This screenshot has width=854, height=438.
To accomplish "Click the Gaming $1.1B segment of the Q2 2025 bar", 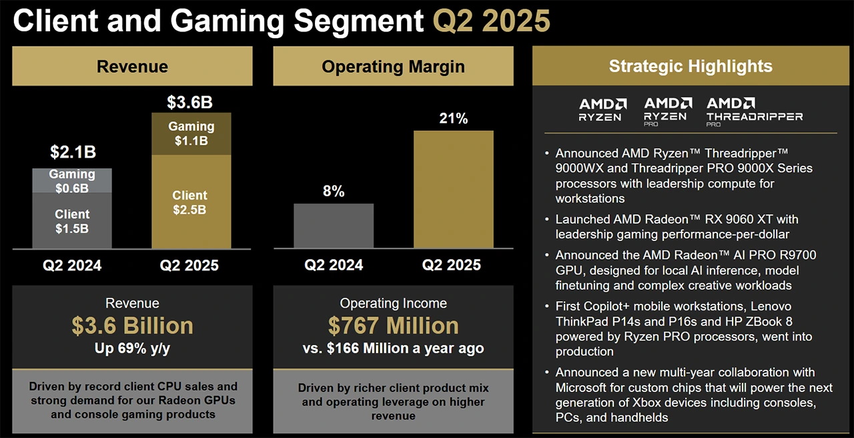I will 191,134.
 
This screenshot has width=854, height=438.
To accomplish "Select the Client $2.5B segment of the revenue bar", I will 191,202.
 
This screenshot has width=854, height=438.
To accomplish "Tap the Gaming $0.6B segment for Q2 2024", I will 72,180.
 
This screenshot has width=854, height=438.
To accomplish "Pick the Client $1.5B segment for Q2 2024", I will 72,221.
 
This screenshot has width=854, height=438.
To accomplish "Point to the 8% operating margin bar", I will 334,226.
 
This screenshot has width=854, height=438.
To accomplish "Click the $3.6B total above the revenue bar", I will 189,102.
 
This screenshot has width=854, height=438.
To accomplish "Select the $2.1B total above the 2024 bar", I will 73,152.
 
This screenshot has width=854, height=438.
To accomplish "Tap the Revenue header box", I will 132,66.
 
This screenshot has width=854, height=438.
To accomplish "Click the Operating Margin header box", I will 393,66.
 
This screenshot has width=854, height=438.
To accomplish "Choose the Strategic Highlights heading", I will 691,66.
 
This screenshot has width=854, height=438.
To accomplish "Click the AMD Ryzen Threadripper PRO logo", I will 754,112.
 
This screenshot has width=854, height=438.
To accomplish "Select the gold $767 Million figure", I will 393,326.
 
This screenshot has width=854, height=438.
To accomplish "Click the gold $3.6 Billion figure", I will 132,326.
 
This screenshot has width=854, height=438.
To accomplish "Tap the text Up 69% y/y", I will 132,349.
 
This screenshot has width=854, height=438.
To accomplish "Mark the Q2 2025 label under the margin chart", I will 451,265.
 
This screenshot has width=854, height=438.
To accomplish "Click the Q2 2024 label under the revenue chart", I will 72,265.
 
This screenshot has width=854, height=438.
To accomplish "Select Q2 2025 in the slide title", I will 492,21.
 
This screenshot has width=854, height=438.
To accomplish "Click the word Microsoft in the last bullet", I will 582,388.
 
